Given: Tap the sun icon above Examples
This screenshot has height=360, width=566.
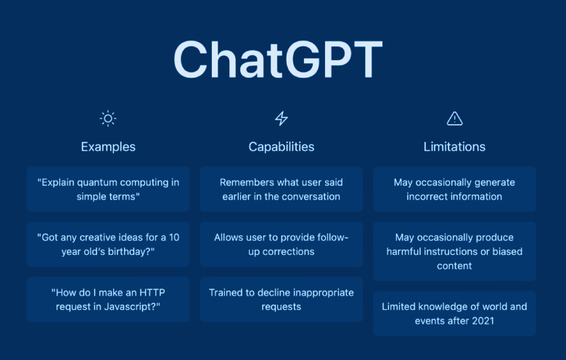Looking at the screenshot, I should (x=108, y=118).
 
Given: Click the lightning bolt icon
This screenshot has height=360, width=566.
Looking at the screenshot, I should (x=282, y=118).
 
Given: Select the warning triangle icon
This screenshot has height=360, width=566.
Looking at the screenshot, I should (x=454, y=118).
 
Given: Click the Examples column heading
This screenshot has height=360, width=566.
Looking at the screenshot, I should (x=108, y=147).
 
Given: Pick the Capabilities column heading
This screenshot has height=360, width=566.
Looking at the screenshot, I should (x=282, y=147).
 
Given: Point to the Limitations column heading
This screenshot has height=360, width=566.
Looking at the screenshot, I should (x=454, y=147).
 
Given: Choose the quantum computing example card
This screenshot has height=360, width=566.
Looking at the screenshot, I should (x=108, y=189).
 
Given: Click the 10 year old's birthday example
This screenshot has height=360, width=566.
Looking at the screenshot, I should (x=108, y=245).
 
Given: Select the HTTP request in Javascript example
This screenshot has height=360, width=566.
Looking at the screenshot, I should (x=108, y=299).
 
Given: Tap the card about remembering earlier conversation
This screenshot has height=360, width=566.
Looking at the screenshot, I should (x=282, y=189).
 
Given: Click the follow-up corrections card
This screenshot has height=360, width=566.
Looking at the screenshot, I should (x=282, y=245).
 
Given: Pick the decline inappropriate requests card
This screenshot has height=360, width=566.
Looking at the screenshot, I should (x=282, y=299).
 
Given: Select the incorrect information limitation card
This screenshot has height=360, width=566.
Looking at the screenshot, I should (x=454, y=189).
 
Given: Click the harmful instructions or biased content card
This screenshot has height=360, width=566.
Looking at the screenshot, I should (x=454, y=251).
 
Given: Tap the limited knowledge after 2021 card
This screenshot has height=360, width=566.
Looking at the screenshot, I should (x=454, y=314).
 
